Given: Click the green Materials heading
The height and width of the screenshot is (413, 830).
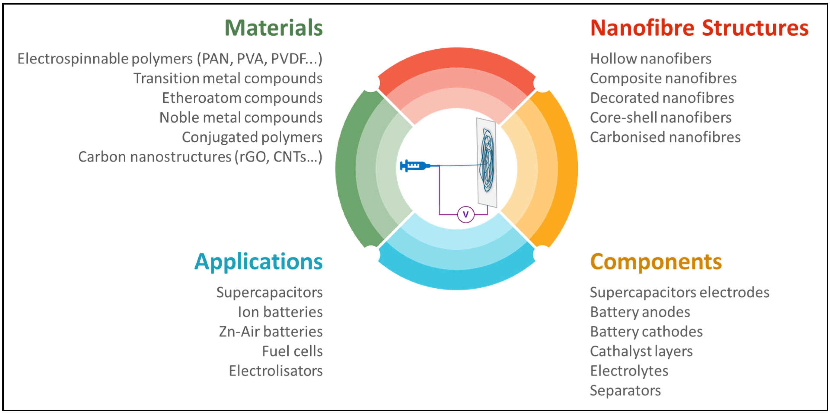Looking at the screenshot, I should pyautogui.click(x=273, y=28).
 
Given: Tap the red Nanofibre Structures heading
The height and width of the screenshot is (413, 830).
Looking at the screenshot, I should pyautogui.click(x=699, y=28).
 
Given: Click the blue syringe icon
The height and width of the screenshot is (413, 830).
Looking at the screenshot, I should pyautogui.click(x=415, y=166).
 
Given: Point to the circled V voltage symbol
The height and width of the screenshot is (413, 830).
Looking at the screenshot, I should pyautogui.click(x=466, y=214).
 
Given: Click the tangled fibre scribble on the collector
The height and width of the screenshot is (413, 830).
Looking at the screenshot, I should pyautogui.click(x=487, y=161).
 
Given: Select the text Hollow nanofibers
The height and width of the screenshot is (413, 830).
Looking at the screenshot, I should pyautogui.click(x=650, y=59).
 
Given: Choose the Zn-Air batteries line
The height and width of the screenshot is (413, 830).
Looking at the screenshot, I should pyautogui.click(x=271, y=332).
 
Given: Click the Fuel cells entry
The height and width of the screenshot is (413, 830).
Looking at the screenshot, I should pyautogui.click(x=292, y=351).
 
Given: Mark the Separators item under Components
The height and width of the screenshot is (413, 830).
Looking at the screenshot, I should pyautogui.click(x=625, y=391).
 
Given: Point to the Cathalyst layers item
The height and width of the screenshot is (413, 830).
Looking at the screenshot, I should pyautogui.click(x=641, y=351).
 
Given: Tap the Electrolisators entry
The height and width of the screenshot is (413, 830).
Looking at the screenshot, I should pyautogui.click(x=276, y=371).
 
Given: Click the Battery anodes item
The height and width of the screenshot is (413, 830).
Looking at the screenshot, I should pyautogui.click(x=640, y=312).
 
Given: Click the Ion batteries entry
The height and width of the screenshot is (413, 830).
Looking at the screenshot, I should pyautogui.click(x=280, y=312).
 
